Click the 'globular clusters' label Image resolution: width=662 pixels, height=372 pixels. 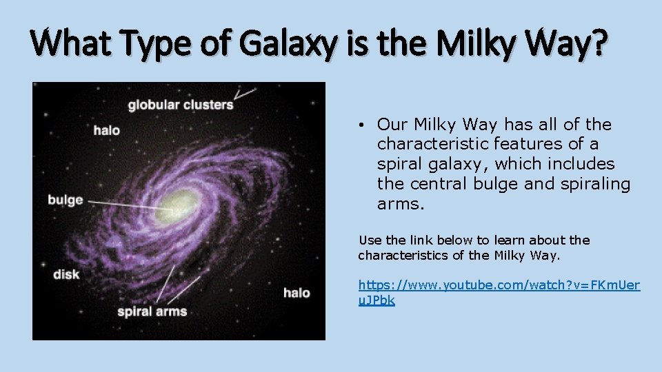click(x=181, y=105)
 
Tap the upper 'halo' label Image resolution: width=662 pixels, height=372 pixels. click(x=107, y=130)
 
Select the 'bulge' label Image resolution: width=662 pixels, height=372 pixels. click(x=65, y=200)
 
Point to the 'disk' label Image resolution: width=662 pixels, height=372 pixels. click(x=66, y=274)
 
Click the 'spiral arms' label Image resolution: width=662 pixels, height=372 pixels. click(x=152, y=311)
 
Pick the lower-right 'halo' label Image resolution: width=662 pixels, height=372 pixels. click(x=297, y=293)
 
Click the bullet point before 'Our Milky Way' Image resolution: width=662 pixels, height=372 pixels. click(x=361, y=125)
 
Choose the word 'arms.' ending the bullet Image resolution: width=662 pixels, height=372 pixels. click(x=397, y=204)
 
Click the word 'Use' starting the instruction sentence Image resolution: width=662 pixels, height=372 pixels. click(x=369, y=240)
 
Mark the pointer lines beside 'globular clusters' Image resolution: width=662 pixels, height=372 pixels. click(x=245, y=94)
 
